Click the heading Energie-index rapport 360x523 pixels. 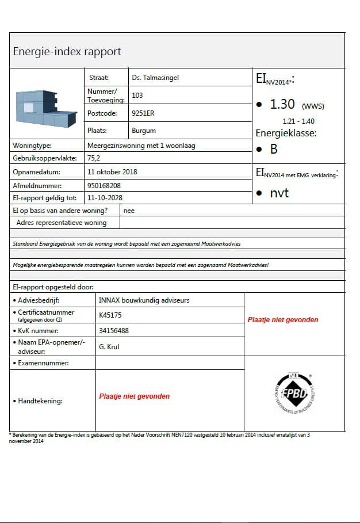click(x=67, y=52)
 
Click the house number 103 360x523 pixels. click(x=137, y=95)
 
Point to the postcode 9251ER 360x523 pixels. click(x=143, y=113)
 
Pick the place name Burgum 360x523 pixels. click(x=144, y=131)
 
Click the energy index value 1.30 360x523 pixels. click(x=282, y=104)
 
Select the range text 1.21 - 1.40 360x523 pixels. click(x=298, y=121)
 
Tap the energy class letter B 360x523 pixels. click(x=274, y=149)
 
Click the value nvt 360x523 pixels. click(x=279, y=193)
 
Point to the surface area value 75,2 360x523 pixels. click(x=93, y=158)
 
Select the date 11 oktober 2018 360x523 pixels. click(x=112, y=171)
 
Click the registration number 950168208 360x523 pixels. click(x=104, y=185)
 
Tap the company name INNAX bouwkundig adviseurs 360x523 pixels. click(x=144, y=300)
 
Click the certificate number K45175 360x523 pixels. click(x=110, y=315)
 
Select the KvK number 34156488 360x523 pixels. click(x=114, y=330)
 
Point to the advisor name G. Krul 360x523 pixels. click(x=109, y=347)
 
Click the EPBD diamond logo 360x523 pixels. click(x=294, y=394)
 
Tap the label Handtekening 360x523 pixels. click(x=40, y=400)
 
